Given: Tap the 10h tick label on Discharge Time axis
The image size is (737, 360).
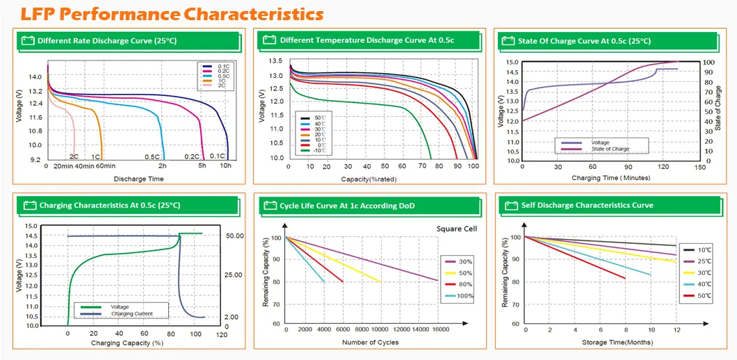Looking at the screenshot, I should (x=226, y=166).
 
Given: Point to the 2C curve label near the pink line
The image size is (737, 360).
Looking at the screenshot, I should (x=73, y=156).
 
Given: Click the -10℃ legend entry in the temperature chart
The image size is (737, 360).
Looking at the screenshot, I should (x=317, y=150).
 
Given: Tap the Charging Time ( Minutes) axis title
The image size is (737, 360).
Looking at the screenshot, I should (x=611, y=178).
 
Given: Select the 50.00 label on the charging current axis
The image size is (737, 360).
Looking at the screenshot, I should (x=235, y=236).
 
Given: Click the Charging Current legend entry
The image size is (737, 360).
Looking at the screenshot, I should (x=131, y=313).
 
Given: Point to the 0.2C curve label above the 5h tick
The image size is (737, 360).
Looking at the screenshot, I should (x=192, y=156).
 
